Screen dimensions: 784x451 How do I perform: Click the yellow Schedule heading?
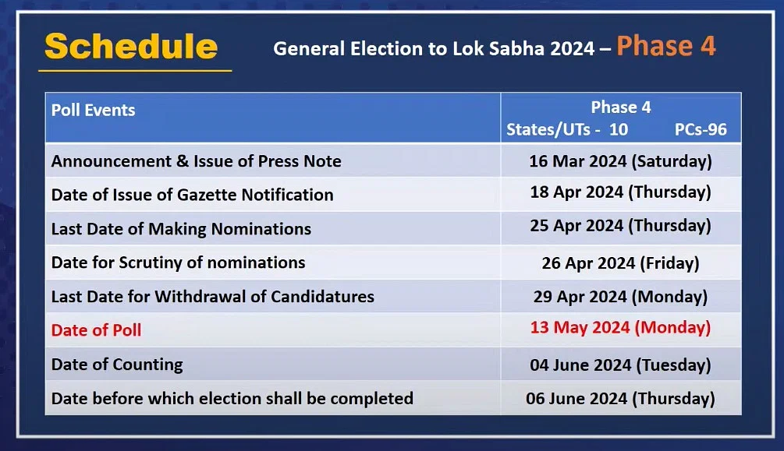(131, 47)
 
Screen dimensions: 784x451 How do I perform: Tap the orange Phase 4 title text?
(666, 46)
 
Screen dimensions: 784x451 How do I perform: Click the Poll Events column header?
(93, 110)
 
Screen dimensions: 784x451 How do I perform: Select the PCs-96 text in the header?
(701, 129)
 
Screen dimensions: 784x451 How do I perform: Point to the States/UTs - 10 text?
(567, 129)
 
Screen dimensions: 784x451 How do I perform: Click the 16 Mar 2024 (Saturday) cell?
(620, 161)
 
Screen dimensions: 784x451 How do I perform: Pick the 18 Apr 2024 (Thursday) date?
(620, 192)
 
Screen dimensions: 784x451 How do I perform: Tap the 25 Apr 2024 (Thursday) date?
(620, 226)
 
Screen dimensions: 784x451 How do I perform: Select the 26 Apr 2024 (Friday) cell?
(620, 263)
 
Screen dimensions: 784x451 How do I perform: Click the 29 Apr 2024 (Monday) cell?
(620, 297)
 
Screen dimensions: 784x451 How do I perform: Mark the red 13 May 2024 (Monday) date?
(620, 328)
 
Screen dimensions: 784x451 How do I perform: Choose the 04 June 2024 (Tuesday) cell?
(620, 365)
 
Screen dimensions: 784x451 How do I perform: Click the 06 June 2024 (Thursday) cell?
(620, 399)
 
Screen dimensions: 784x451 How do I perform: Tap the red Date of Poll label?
(96, 330)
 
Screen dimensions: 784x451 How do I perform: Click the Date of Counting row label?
(117, 365)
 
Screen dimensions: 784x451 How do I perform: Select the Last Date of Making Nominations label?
(181, 229)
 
